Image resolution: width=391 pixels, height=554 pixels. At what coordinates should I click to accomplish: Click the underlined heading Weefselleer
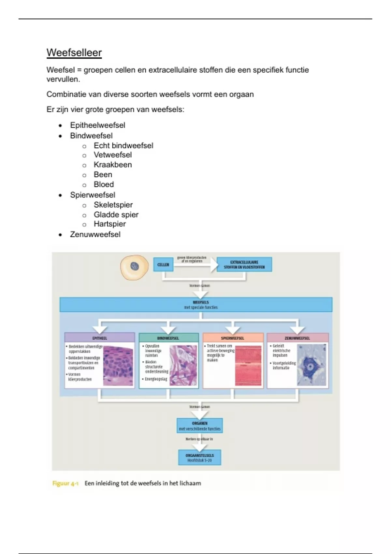(74, 53)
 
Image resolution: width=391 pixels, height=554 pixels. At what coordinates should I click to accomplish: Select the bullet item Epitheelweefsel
(97, 125)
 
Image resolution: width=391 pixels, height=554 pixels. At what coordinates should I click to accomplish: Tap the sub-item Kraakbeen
(113, 165)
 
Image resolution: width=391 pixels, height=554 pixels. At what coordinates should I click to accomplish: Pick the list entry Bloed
(104, 184)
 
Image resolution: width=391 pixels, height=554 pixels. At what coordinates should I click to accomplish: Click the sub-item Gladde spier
(116, 215)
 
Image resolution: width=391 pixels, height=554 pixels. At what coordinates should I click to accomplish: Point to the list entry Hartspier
(109, 224)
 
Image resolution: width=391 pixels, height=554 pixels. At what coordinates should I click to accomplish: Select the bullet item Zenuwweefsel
(95, 234)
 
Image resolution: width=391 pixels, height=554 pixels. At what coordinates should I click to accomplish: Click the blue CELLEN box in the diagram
(163, 265)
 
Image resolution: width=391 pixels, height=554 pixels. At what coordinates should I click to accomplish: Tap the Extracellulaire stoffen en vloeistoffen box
(244, 265)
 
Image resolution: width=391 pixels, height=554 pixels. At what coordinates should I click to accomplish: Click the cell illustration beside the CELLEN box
(134, 267)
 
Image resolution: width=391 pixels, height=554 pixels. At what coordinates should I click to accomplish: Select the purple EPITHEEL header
(100, 338)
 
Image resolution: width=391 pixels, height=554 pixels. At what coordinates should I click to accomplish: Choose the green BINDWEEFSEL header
(168, 338)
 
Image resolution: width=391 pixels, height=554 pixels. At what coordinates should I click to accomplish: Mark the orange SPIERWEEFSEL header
(233, 338)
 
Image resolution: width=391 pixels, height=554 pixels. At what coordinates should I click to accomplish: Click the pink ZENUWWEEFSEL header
(297, 338)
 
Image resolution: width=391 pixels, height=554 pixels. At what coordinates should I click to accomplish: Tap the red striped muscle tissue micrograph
(248, 366)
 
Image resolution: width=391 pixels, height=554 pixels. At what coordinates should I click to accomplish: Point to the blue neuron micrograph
(311, 366)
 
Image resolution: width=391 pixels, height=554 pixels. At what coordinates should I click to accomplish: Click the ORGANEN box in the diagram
(200, 426)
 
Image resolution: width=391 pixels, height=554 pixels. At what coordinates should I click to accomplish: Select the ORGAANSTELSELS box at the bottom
(200, 458)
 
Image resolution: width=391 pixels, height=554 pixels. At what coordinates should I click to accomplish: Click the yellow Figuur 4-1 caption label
(65, 483)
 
